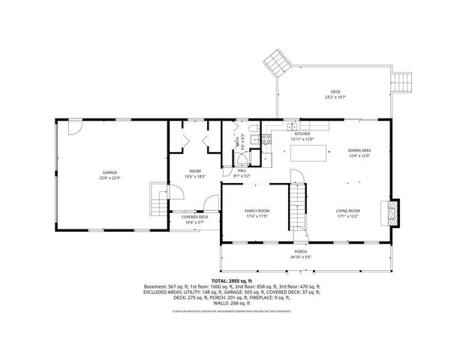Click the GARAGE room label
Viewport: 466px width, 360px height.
110,172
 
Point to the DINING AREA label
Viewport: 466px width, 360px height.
360,151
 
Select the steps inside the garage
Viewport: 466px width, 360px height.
158,199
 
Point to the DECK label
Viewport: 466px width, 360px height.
335,91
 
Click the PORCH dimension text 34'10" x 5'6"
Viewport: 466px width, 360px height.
300,257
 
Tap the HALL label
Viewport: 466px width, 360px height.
242,170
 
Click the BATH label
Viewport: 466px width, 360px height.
237,140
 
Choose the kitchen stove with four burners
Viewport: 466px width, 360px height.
266,139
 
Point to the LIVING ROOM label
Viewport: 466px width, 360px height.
347,211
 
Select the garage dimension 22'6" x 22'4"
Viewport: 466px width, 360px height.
110,178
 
